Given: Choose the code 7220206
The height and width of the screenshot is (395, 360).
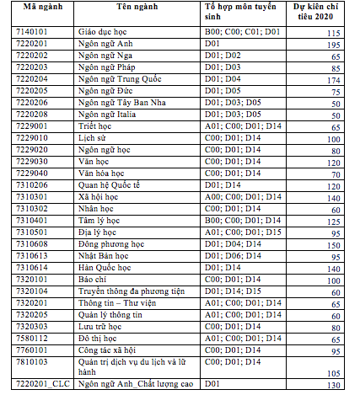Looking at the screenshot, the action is point(26,102).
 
